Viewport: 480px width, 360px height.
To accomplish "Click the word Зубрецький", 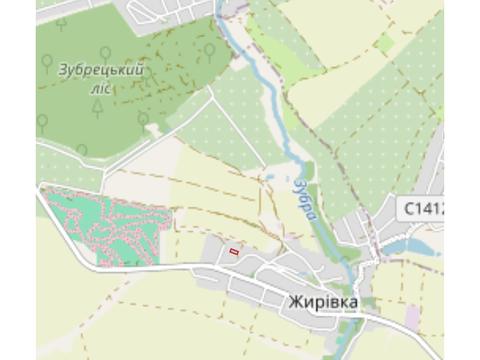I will coord(101,70).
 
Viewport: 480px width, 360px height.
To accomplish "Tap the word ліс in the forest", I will coord(100,88).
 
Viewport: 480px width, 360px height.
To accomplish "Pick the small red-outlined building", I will coord(234,252).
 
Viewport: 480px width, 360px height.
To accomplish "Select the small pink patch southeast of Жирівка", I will coord(412,318).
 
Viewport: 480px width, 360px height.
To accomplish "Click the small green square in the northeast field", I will coord(385,42).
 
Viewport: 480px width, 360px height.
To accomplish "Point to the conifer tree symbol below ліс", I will coord(98,108).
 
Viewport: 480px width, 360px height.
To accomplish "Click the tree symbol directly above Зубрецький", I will coord(105,53).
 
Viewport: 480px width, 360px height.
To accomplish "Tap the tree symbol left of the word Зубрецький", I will coord(46,63).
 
